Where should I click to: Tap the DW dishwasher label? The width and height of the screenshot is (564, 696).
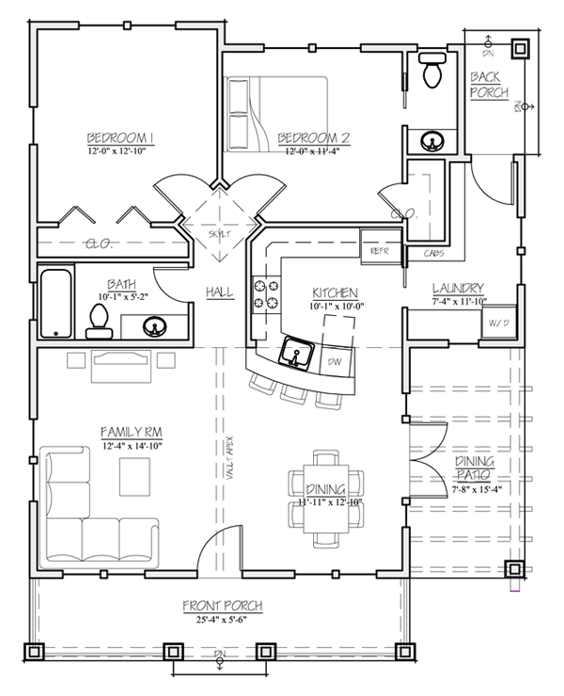click(x=334, y=361)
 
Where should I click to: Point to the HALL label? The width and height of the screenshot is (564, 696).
click(x=219, y=293)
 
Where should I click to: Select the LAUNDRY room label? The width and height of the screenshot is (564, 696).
click(x=458, y=288)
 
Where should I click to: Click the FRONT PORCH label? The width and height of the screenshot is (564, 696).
click(x=223, y=606)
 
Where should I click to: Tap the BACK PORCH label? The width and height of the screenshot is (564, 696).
click(x=489, y=85)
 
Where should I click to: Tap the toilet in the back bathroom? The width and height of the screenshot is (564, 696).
click(x=432, y=71)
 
